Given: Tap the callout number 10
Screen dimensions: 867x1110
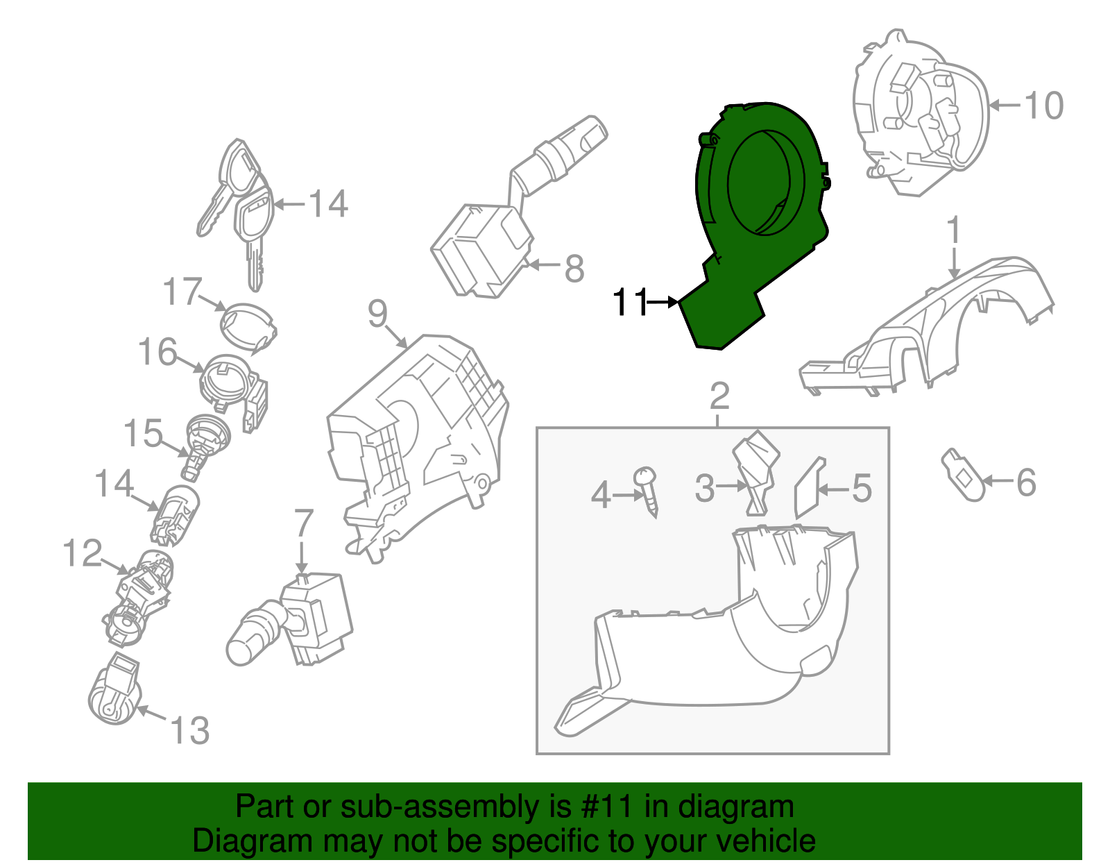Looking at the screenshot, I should click(x=1043, y=106).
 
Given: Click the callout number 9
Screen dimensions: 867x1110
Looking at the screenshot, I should click(x=377, y=314).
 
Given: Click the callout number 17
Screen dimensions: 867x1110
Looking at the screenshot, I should click(x=182, y=292).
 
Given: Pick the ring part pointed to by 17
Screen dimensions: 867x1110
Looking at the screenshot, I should click(x=248, y=326).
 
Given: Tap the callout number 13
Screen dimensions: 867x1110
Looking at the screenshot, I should click(x=189, y=731).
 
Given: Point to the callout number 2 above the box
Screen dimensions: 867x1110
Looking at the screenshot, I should click(x=719, y=396).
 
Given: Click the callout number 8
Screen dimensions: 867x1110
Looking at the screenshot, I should click(x=574, y=269).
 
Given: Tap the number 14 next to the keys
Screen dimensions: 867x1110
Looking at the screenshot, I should click(x=328, y=204).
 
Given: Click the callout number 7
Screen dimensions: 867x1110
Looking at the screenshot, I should click(x=304, y=523).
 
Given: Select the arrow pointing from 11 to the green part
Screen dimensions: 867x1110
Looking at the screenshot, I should click(x=663, y=301).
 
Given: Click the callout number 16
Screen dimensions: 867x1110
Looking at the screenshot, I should click(x=158, y=352).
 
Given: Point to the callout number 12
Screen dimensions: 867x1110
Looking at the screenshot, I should click(x=83, y=553).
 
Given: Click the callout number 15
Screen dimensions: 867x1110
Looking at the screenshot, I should click(x=143, y=434).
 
